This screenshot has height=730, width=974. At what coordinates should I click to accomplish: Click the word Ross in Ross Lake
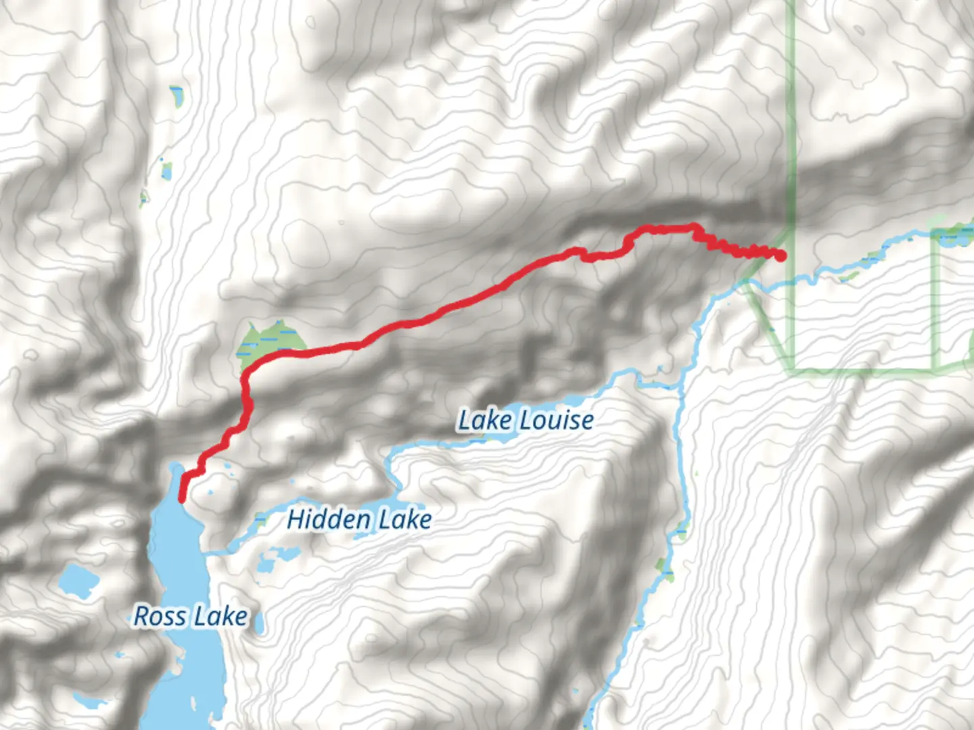(160, 616)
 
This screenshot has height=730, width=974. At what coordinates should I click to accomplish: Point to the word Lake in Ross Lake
(219, 616)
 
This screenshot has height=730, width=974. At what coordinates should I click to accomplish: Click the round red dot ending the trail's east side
(781, 255)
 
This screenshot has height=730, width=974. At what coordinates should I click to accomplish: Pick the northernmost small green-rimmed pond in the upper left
(177, 97)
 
